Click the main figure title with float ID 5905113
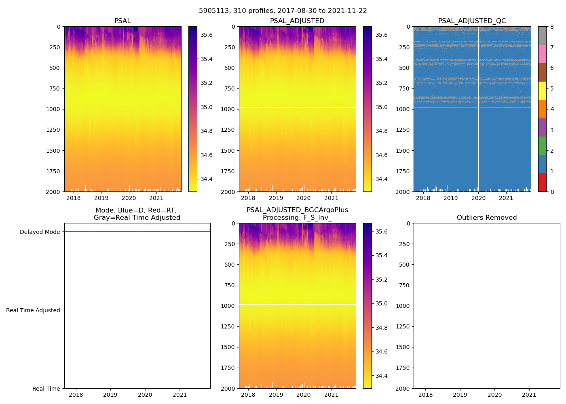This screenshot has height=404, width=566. click(283, 11)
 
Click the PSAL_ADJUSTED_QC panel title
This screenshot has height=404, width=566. click(472, 21)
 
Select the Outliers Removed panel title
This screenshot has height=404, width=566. click(486, 218)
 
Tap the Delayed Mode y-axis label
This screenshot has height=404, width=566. click(40, 232)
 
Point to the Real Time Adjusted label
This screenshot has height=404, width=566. click(33, 310)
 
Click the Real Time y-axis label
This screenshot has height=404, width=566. click(46, 389)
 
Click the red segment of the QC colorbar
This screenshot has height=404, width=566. click(542, 182)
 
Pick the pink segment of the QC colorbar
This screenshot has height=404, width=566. click(542, 54)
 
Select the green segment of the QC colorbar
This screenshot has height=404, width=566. click(542, 145)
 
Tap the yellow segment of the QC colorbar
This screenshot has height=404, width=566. click(542, 90)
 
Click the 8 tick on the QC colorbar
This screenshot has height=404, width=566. click(552, 27)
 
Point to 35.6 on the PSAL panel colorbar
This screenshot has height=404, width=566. click(207, 35)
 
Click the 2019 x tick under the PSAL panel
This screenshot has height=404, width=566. click(101, 198)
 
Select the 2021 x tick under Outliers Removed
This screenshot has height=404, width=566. click(529, 395)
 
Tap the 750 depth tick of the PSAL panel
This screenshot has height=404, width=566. click(54, 88)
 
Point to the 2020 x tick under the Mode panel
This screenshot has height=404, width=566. click(145, 395)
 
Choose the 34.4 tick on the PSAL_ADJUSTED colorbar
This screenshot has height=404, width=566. click(381, 179)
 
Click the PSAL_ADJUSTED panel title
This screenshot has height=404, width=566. click(297, 21)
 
